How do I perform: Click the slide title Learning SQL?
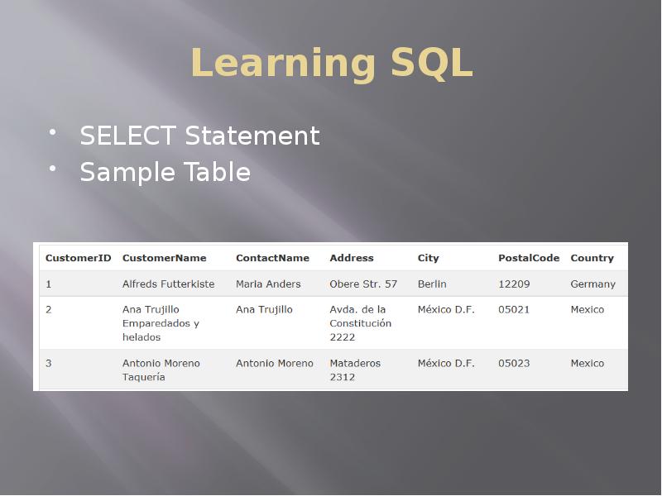point(331,64)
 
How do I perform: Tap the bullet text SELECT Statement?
point(199,136)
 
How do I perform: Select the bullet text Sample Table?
point(165,172)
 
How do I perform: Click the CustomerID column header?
point(78,258)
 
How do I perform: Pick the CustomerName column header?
point(164,258)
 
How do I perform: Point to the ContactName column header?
point(272,258)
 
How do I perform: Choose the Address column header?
point(352,258)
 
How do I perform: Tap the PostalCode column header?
point(529,258)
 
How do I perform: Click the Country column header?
point(592,258)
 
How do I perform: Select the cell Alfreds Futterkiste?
point(168,284)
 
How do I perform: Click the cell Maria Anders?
point(268,284)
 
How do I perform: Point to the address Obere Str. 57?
point(363,284)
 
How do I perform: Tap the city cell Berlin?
point(432,284)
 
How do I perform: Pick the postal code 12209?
point(514,284)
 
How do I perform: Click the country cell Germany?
point(592,284)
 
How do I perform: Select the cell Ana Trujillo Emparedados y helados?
point(161,323)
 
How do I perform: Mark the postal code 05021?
point(514,309)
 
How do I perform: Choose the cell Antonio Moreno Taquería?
point(161,370)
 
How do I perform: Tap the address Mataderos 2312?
point(355,370)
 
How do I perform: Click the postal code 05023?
point(514,363)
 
